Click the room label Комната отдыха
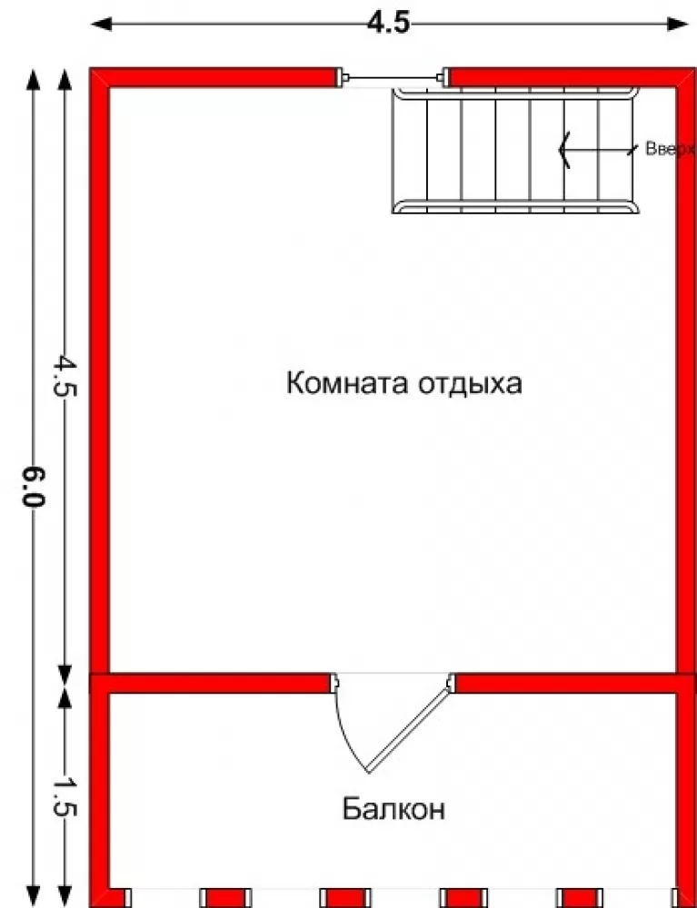click(x=403, y=383)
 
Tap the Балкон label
click(x=393, y=808)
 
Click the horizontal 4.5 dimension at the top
click(x=389, y=24)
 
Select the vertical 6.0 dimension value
click(x=33, y=487)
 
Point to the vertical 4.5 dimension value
click(x=65, y=376)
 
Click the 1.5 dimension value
click(x=65, y=796)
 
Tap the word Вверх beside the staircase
click(x=671, y=149)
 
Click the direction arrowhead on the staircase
click(x=564, y=150)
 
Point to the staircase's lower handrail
click(x=515, y=207)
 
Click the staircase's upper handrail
click(x=515, y=94)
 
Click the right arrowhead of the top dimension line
click(x=677, y=24)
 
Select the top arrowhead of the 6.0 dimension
click(x=33, y=79)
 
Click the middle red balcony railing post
click(x=345, y=897)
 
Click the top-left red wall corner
click(x=100, y=77)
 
